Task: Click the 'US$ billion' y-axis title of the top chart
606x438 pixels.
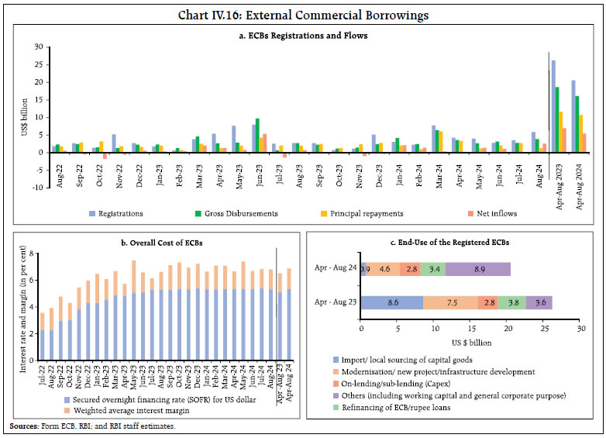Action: [x=24, y=116]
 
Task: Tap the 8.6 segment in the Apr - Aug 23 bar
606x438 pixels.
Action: [x=393, y=302]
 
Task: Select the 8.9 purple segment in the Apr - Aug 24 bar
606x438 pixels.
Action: [x=479, y=269]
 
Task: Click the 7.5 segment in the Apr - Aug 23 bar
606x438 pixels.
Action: [x=451, y=302]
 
